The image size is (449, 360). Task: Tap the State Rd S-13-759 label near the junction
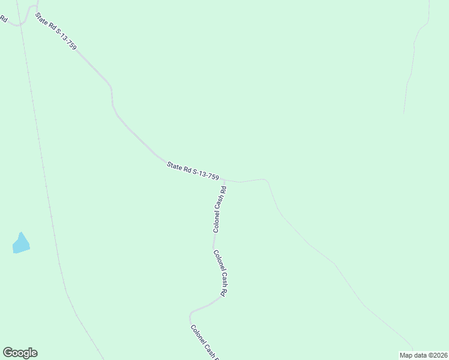193,170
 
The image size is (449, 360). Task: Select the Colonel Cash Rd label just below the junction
220,209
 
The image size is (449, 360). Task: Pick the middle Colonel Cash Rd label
220,273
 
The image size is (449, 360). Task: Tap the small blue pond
21,243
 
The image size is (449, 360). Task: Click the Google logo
20,353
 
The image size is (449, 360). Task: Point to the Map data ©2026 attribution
423,355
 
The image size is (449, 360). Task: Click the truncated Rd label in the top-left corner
3,19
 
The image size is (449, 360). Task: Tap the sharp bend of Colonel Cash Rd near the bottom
191,314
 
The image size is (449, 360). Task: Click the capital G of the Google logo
8,352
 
